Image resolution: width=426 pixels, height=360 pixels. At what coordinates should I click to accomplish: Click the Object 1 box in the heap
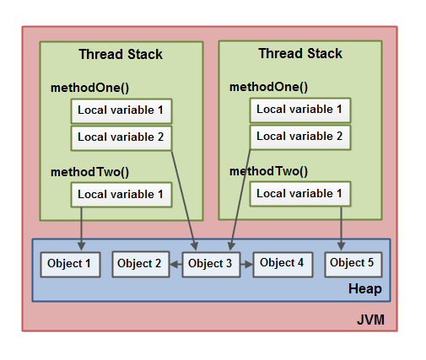pos(70,264)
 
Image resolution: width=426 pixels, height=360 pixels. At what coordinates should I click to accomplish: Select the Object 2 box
pos(139,264)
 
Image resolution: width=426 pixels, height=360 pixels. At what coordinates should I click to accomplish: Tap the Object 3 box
pos(210,264)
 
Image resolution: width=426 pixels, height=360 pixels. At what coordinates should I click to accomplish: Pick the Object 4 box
pos(282,263)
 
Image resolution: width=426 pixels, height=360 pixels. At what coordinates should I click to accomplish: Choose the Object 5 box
pos(352,263)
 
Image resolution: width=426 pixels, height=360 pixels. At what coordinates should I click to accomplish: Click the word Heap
pos(364,289)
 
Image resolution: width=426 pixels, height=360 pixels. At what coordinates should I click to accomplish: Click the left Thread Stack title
pos(121,55)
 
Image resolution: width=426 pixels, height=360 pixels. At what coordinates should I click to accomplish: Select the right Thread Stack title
pos(300,54)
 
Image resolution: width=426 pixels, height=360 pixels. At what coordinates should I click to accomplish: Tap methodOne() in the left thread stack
pos(89,88)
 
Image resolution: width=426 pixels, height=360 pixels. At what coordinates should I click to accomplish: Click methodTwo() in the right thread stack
pos(268,171)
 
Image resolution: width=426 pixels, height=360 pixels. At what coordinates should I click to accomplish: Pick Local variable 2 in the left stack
pos(121,137)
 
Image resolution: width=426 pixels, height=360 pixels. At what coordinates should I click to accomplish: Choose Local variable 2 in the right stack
pos(299,136)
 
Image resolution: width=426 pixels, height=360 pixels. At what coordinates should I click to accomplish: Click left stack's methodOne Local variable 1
pos(121,110)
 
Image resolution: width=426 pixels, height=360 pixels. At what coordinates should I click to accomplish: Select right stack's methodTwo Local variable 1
pos(299,194)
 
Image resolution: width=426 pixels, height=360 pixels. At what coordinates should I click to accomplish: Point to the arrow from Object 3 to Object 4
pos(245,264)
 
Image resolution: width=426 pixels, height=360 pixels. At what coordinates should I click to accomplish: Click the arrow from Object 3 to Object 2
pos(175,264)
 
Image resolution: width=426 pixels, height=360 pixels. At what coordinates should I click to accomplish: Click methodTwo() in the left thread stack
pos(89,172)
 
